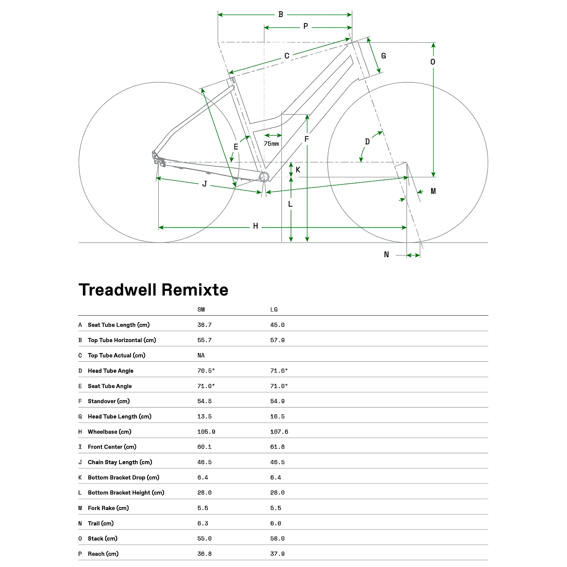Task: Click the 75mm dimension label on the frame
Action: [271, 144]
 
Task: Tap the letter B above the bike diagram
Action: [281, 14]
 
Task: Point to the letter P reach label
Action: [305, 26]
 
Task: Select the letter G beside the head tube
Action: [383, 56]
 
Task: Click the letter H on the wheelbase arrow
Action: [256, 226]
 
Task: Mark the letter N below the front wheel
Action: [386, 254]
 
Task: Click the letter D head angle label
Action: [367, 142]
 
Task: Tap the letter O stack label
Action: [433, 62]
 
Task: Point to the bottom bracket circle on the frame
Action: [264, 177]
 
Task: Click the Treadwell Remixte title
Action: [153, 290]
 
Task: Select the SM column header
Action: [201, 310]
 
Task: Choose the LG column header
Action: [274, 310]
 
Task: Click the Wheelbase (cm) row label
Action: [110, 432]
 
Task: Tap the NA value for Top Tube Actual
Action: [201, 355]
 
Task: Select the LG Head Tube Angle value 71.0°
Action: [279, 371]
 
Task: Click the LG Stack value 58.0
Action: [277, 539]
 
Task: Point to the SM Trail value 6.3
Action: [203, 524]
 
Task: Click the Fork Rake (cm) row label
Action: [108, 508]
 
